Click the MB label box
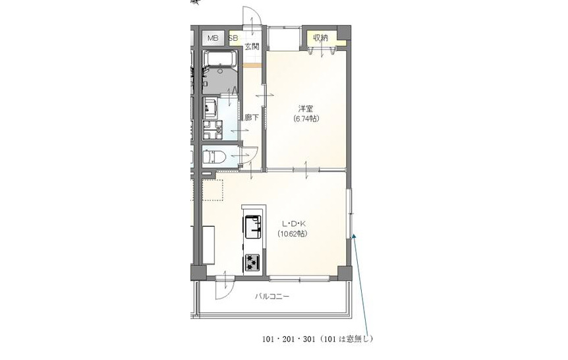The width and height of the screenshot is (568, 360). [x=213, y=38]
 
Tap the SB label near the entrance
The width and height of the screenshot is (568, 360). [x=233, y=38]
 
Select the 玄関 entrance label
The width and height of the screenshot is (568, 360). [x=252, y=46]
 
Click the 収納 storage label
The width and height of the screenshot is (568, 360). [x=321, y=38]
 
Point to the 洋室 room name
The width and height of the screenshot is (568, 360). [x=306, y=108]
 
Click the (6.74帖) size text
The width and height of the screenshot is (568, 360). [x=306, y=119]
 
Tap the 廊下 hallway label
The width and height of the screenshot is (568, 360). [x=252, y=117]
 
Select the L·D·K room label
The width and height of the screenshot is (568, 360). [x=294, y=224]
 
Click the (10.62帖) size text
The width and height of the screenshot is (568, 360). [x=293, y=234]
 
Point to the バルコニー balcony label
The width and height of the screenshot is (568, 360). [x=272, y=297]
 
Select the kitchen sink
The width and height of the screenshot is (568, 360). [x=253, y=227]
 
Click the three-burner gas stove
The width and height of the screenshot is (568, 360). [x=252, y=262]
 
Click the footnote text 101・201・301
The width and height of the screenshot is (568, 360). [x=289, y=340]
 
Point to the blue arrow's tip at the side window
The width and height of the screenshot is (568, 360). [x=353, y=234]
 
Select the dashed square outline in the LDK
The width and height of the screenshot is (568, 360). [x=213, y=190]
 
